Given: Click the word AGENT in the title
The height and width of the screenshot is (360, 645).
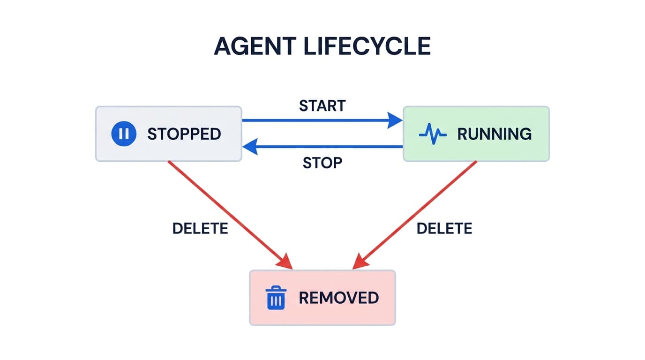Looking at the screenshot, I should click(255, 46).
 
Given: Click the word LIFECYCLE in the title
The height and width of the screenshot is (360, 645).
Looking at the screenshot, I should click(367, 46).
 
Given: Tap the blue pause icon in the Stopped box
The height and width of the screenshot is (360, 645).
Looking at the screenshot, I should click(124, 134).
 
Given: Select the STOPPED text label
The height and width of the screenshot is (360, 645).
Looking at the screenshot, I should click(184, 134).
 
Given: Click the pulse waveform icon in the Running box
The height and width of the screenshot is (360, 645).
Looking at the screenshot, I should click(432, 134).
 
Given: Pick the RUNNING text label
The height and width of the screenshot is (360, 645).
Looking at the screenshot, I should click(494, 134).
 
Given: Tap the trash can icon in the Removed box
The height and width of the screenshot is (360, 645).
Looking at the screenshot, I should click(276, 298).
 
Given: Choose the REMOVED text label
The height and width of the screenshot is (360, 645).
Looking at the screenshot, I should click(338, 298).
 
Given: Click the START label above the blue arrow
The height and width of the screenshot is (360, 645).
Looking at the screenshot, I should click(322, 106).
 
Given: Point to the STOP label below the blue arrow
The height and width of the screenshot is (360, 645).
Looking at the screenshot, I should click(322, 163).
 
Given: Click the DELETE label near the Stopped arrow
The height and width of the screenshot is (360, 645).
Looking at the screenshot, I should click(200, 228).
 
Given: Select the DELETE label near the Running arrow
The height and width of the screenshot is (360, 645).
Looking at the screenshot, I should click(444, 228).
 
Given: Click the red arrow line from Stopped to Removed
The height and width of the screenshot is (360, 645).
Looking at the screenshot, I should click(225, 211).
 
